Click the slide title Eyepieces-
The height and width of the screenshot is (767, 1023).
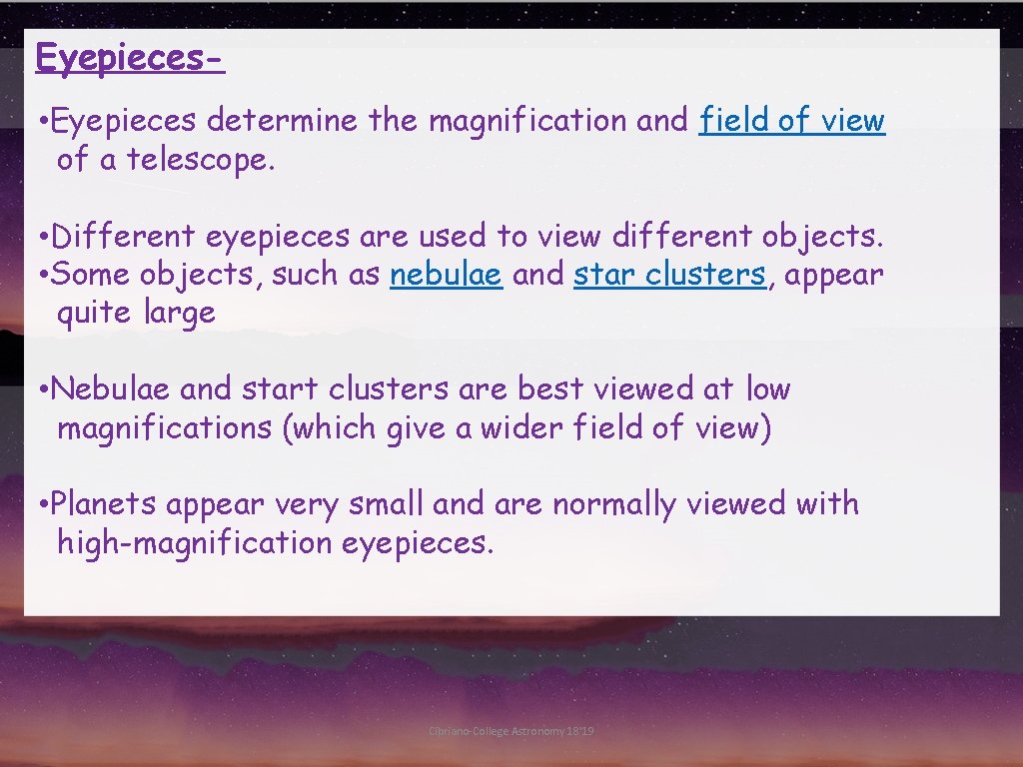click(x=129, y=58)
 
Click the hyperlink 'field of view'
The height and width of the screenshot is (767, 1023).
click(x=792, y=121)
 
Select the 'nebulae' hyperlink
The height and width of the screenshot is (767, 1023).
click(x=446, y=275)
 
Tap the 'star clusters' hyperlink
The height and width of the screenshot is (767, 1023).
click(x=669, y=275)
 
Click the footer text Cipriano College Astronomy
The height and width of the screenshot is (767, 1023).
click(x=511, y=732)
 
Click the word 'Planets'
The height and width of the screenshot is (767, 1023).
click(x=104, y=504)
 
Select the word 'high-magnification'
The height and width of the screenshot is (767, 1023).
click(x=195, y=543)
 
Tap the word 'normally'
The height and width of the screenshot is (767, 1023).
click(x=613, y=504)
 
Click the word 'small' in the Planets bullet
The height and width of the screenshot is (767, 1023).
click(x=388, y=504)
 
